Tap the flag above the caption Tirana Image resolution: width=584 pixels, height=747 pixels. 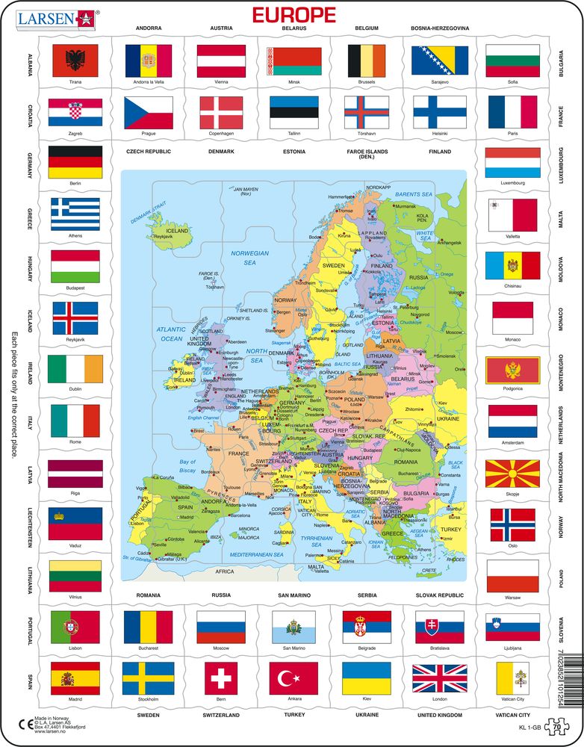click(x=74, y=61)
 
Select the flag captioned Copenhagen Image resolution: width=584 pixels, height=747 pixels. click(x=221, y=112)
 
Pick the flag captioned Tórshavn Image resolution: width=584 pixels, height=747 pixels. click(x=367, y=112)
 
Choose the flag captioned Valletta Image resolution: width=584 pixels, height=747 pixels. click(x=512, y=214)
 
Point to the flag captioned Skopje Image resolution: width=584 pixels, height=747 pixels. click(x=512, y=474)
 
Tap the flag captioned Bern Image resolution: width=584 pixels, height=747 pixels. click(x=221, y=678)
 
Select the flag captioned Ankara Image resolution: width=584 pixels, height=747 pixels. click(x=293, y=678)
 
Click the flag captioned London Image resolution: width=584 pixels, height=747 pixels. click(x=439, y=678)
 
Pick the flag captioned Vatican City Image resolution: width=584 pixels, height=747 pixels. click(x=512, y=678)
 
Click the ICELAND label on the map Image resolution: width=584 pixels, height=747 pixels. click(x=177, y=231)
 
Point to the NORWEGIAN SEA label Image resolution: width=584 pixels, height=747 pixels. click(x=249, y=258)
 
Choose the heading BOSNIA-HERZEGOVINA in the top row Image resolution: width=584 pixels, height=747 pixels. click(x=439, y=28)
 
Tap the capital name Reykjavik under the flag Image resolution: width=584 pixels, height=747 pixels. click(x=74, y=339)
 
